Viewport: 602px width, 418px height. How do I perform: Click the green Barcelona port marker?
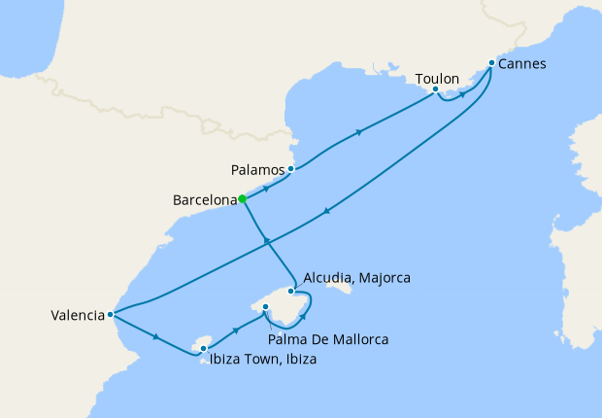242,199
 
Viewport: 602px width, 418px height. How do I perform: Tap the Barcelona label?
204,201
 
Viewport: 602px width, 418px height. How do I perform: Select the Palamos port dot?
290,168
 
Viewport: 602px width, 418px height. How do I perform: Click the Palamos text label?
257,169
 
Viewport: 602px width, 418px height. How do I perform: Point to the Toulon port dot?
436,89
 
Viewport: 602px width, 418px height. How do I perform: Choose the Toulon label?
436,77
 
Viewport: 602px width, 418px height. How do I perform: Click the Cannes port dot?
491,63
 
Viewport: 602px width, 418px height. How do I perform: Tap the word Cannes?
522,64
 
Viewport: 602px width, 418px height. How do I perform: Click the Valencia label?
77,315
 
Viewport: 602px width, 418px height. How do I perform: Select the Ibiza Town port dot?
203,347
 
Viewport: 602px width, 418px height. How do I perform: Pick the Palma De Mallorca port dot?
265,307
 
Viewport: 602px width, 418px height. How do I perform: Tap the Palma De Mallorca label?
329,339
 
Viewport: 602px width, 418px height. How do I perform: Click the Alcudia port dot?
291,291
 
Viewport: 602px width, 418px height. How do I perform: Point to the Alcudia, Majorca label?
356,278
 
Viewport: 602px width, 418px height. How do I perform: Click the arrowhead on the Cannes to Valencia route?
326,213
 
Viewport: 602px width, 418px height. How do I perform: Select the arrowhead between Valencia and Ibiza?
156,336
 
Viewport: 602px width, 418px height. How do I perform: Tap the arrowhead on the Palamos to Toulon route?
360,132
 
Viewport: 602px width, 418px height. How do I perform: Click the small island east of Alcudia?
341,287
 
